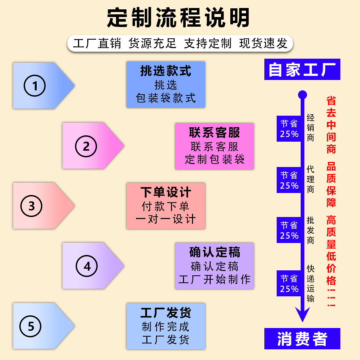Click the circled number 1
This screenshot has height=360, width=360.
click(35, 86)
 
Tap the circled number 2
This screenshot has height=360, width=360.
click(86, 146)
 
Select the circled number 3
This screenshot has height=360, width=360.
click(31, 206)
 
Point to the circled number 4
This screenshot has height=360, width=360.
click(87, 266)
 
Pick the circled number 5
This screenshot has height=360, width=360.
click(31, 326)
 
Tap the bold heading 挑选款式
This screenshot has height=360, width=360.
click(166, 71)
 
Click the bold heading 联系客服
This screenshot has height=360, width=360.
click(214, 133)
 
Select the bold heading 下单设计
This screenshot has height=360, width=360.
click(166, 192)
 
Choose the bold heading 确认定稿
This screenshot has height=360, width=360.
click(214, 252)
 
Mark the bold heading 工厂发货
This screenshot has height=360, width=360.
click(166, 313)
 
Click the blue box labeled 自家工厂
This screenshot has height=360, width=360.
click(302, 69)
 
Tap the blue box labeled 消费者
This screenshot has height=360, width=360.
click(302, 339)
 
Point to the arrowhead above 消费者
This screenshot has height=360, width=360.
click(302, 315)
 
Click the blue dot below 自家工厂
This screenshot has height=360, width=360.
click(302, 95)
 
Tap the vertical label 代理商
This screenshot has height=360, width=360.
click(311, 179)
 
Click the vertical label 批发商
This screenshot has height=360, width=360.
click(311, 230)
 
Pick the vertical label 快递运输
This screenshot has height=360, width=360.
click(311, 283)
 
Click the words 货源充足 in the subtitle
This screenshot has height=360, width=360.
click(152, 43)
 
